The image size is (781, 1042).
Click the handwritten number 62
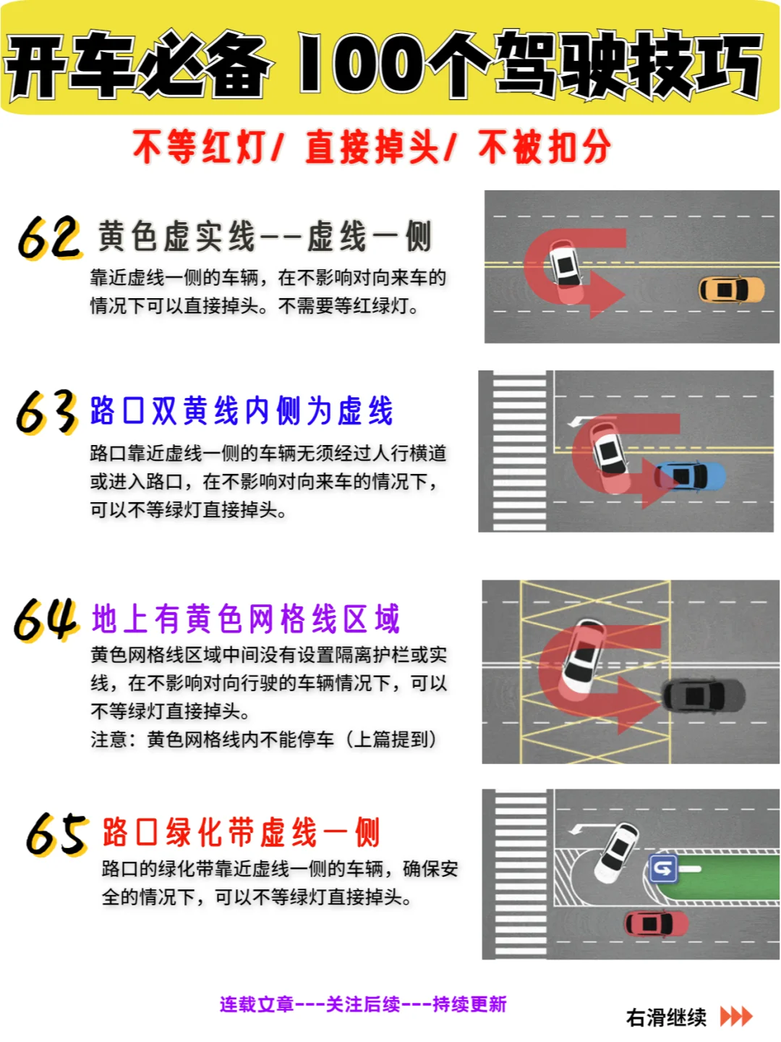click(x=49, y=237)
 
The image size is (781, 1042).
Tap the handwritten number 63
click(x=47, y=412)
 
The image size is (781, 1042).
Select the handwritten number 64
click(x=46, y=620)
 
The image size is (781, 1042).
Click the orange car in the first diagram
click(x=731, y=290)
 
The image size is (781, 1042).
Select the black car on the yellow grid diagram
click(x=704, y=696)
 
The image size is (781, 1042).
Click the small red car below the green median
click(x=656, y=923)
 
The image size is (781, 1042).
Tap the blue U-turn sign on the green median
click(x=663, y=868)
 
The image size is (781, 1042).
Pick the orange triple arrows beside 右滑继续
click(x=736, y=1017)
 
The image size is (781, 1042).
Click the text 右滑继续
click(x=666, y=1017)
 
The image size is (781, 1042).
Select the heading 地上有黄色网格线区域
click(x=246, y=619)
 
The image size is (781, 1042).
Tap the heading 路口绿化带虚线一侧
click(x=241, y=832)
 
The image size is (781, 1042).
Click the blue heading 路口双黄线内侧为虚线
click(x=242, y=411)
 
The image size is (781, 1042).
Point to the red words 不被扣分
click(x=545, y=147)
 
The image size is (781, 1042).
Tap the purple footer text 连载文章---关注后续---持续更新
click(x=363, y=1004)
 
